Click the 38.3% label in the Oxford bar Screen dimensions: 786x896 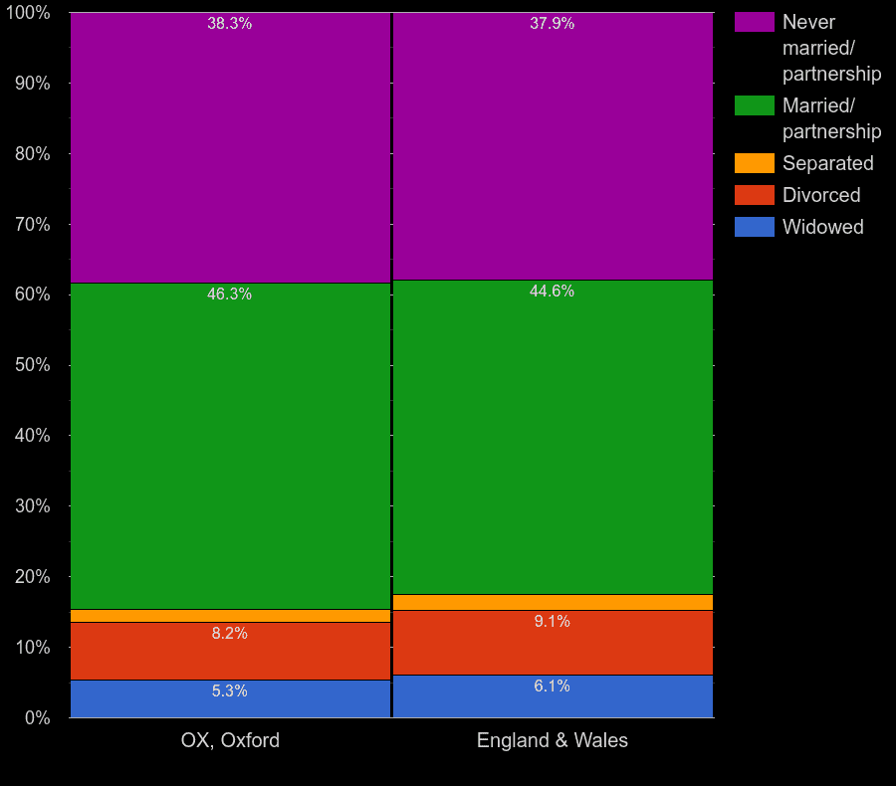tap(229, 24)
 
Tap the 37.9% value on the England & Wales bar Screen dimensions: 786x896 tap(552, 24)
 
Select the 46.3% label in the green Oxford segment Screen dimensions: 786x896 tap(229, 295)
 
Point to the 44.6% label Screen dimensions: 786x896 tap(552, 292)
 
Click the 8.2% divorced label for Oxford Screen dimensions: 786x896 tap(229, 634)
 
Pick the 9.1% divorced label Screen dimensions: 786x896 tap(552, 622)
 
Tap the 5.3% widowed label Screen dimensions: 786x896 tap(229, 691)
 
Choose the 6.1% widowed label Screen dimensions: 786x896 tap(552, 687)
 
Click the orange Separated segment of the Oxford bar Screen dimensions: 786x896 tap(230, 616)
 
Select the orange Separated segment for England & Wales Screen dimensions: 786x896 tap(553, 602)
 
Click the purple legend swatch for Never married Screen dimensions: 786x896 tap(754, 22)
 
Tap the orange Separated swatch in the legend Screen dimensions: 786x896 tap(754, 163)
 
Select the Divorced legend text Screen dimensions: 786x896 tap(821, 195)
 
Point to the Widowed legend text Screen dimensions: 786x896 tap(822, 227)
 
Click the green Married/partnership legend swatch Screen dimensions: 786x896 tap(754, 105)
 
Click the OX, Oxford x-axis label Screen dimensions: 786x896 tap(230, 740)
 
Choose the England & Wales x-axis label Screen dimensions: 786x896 tap(553, 740)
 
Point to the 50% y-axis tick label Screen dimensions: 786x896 tap(32, 365)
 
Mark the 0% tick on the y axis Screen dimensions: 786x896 tap(37, 717)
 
